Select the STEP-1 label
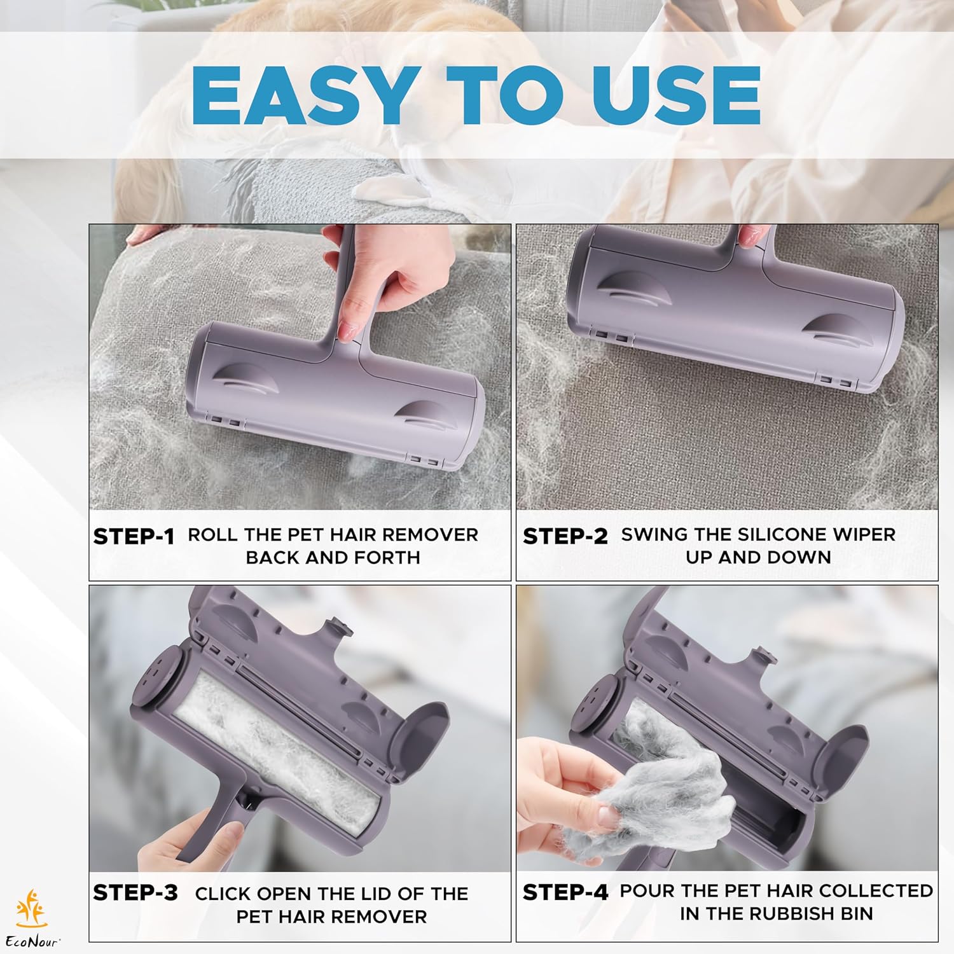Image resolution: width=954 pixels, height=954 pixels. click(x=134, y=537)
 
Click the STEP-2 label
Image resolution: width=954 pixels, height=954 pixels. click(x=565, y=537)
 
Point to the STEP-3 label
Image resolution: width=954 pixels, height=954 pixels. click(x=135, y=892)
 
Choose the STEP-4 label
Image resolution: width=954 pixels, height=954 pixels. click(x=565, y=892)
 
